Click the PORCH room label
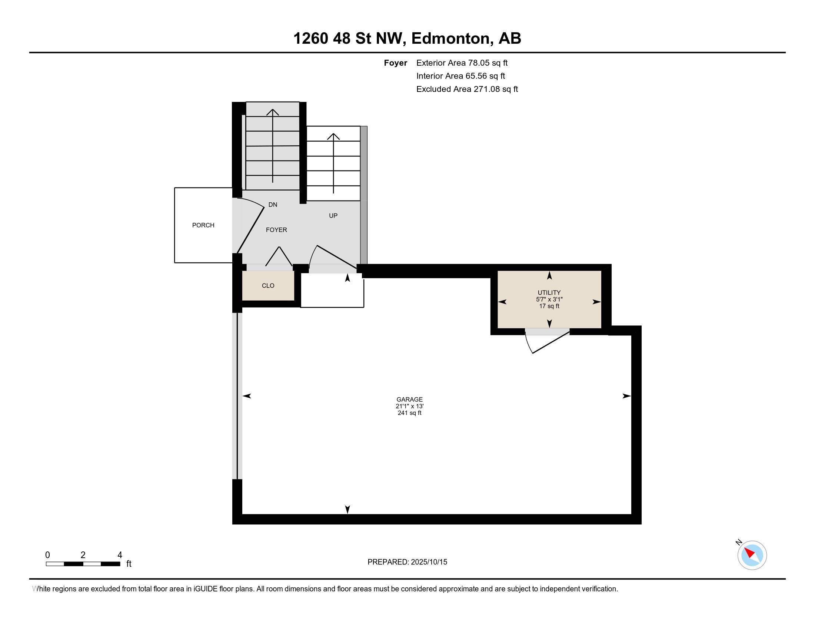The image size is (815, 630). [203, 225]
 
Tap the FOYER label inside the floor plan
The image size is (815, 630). [276, 230]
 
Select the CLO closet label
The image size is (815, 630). [268, 285]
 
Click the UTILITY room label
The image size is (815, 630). [549, 293]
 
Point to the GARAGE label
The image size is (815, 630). [409, 399]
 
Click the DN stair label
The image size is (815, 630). [273, 205]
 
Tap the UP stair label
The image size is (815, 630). [333, 215]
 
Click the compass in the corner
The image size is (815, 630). [752, 555]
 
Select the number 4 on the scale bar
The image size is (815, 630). [120, 555]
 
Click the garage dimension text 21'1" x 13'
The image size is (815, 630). [409, 406]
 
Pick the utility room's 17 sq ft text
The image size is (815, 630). [549, 306]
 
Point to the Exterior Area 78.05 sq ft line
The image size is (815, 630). [462, 63]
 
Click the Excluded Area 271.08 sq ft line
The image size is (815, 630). [467, 89]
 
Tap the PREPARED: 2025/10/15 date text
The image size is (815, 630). [407, 562]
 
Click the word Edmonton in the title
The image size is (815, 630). [451, 38]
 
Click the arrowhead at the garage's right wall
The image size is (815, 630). [626, 396]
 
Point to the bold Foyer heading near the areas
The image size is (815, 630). [395, 63]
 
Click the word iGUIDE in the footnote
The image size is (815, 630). [205, 588]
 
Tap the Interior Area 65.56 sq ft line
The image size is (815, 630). [460, 76]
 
